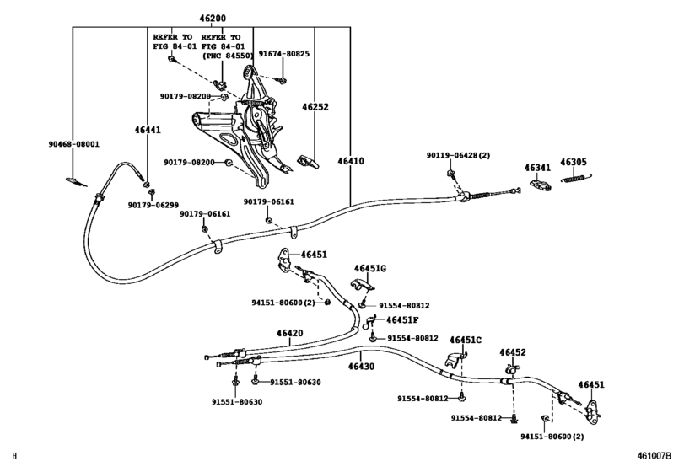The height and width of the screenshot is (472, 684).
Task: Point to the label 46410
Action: [x=351, y=160]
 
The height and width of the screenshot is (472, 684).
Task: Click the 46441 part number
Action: [x=147, y=130]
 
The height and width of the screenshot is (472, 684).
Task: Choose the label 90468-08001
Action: [x=73, y=144]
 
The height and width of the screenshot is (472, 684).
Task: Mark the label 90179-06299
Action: [x=153, y=205]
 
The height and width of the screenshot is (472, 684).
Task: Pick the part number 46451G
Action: [x=369, y=268]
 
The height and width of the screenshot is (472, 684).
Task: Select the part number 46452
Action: [x=512, y=352]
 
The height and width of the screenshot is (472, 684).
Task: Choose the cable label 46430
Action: [x=360, y=366]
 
